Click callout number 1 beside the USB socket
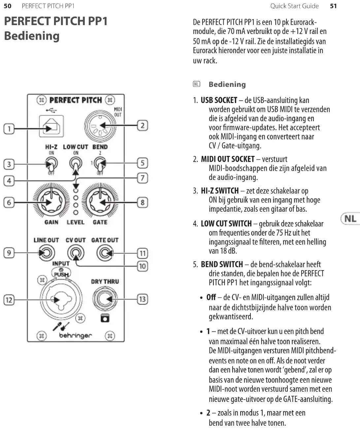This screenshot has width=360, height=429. click(9, 128)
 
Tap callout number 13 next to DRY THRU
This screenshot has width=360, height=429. click(142, 299)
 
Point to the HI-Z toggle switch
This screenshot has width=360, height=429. click(51, 163)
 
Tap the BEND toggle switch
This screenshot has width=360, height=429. click(100, 163)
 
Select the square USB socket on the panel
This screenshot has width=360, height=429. click(51, 126)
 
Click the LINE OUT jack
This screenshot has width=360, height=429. click(46, 253)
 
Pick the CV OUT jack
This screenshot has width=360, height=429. click(76, 253)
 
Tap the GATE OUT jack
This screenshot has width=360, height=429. click(105, 253)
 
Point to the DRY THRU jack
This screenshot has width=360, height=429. click(105, 299)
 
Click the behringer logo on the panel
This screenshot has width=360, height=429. click(76, 336)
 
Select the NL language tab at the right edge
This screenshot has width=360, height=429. click(350, 219)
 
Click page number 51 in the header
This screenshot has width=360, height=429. click(333, 6)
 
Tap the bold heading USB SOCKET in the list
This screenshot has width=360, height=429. click(219, 100)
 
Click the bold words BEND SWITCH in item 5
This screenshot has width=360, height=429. click(222, 264)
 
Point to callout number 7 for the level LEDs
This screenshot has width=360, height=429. click(142, 178)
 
